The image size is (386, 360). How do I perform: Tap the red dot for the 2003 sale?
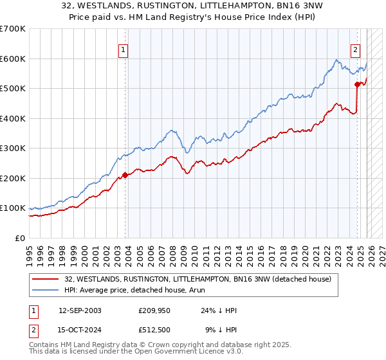[x=125, y=175]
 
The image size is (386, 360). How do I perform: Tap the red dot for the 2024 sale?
[x=357, y=84]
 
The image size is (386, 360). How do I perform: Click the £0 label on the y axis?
[x=20, y=238]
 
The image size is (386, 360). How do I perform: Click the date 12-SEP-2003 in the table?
[x=80, y=310]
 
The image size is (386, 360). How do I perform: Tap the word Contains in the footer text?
[x=46, y=346]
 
